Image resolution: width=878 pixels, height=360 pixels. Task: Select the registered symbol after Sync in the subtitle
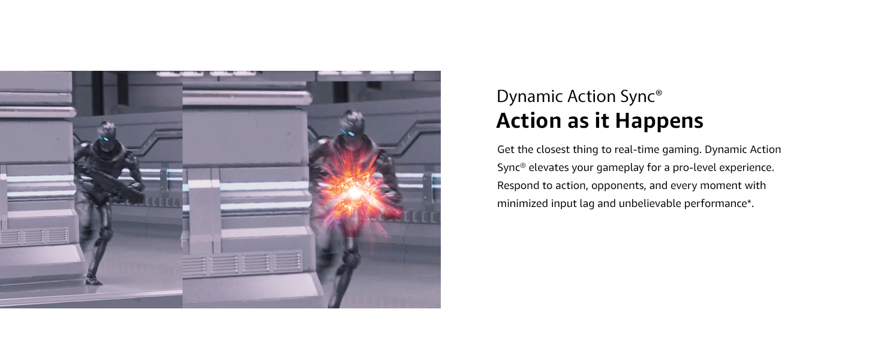(659, 93)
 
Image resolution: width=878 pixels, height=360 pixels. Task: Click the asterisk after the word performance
(749, 202)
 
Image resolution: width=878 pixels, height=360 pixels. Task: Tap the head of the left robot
(106, 131)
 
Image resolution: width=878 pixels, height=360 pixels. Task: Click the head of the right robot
(351, 122)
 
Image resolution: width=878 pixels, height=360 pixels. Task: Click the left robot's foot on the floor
(94, 279)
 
